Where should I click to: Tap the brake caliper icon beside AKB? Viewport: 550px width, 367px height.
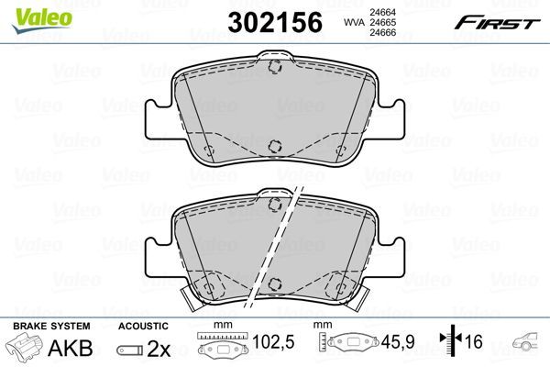(26, 350)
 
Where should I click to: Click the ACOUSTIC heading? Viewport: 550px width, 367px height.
(143, 326)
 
